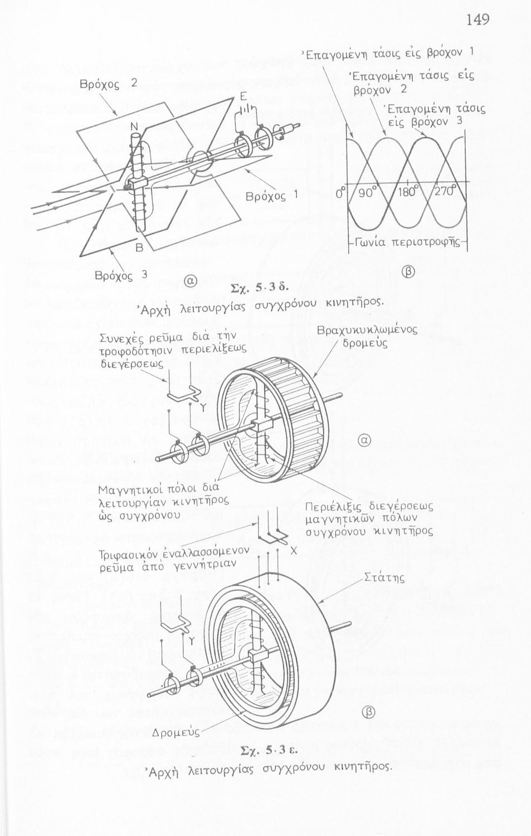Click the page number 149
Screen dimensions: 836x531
tap(478, 21)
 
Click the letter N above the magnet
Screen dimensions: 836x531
tap(134, 127)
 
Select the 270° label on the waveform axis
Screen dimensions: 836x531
tap(446, 192)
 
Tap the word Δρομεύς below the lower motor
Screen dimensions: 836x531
tap(174, 730)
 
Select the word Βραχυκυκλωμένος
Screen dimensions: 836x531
tap(366, 330)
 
